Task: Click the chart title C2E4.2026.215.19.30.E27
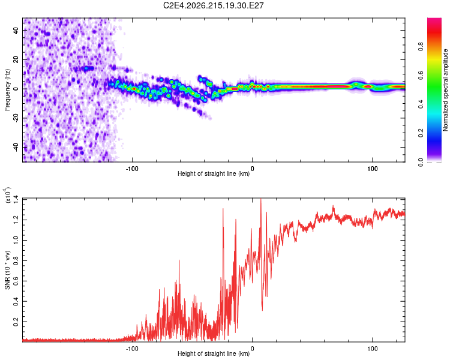(x=213, y=5)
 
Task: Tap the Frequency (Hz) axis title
(x=7, y=90)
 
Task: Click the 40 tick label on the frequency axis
(x=16, y=30)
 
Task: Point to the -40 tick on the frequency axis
(x=16, y=147)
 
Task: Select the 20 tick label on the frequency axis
(x=16, y=59)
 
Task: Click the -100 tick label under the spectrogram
(x=132, y=169)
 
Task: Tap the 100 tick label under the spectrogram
(x=372, y=169)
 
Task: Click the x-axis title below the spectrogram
(x=214, y=173)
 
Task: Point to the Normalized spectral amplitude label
(x=445, y=90)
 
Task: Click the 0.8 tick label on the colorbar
(x=421, y=46)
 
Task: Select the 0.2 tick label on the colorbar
(x=421, y=133)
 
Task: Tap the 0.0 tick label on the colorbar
(x=421, y=162)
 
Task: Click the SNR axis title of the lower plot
(x=7, y=270)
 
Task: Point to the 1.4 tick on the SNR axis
(x=16, y=199)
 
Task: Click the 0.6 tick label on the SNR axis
(x=16, y=281)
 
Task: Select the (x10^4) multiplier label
(x=7, y=195)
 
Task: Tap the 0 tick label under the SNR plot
(x=252, y=349)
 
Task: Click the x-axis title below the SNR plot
(x=214, y=353)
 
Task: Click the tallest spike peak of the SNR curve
(x=260, y=199)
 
